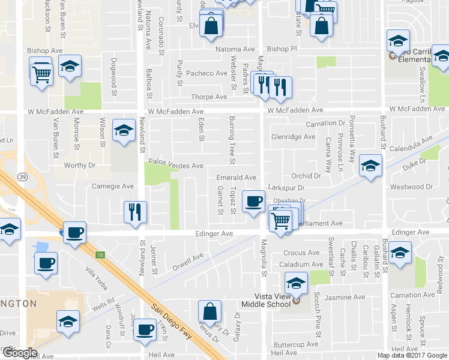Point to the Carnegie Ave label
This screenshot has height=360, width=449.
click(x=112, y=186)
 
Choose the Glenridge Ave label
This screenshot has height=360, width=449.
click(x=293, y=137)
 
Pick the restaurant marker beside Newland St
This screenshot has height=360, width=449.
click(x=135, y=212)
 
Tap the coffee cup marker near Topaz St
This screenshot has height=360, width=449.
click(x=254, y=200)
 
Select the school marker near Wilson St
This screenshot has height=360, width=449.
click(x=124, y=130)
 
